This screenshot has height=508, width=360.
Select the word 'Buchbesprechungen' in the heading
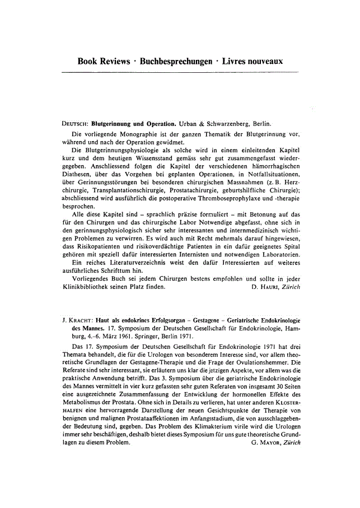182,60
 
